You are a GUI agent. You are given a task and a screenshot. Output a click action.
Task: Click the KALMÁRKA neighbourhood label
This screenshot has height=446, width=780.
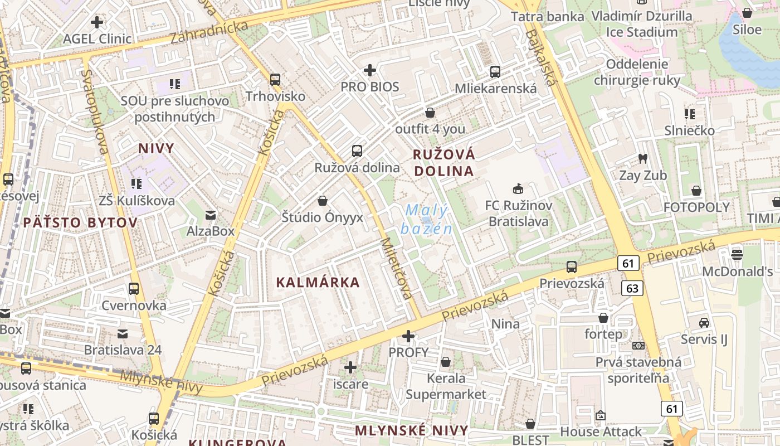pos(318,282)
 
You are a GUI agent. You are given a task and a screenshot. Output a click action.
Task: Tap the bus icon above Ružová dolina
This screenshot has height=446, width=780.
pos(357,151)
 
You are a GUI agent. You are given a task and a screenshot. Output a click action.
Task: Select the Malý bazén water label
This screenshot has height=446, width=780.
pos(426,219)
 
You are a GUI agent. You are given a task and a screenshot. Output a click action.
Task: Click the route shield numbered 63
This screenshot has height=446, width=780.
pos(632,288)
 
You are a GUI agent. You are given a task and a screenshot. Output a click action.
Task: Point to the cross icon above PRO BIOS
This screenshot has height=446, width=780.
pos(370,70)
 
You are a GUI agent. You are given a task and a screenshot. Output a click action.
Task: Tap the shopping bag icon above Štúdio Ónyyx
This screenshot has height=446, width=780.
pos(322,200)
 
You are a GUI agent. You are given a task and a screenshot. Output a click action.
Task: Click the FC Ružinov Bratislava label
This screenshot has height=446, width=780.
pos(519,214)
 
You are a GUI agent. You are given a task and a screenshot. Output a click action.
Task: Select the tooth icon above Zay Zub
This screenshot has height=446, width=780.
pos(642,158)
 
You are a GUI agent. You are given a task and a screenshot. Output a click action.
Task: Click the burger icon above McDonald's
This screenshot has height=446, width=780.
pos(737,255)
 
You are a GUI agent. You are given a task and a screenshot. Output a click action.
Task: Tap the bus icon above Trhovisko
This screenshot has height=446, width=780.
pos(275,79)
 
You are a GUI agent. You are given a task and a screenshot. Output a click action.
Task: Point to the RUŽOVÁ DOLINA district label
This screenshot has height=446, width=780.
pos(444,162)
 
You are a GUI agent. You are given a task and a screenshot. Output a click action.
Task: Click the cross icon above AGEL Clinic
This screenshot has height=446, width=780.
pos(97,22)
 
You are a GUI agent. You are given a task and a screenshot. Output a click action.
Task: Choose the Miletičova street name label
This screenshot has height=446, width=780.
pos(397,269)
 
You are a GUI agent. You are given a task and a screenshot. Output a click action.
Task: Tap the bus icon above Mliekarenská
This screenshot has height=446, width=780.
pos(495,71)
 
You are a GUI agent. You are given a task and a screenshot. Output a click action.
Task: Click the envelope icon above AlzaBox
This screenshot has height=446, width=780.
pos(211,215)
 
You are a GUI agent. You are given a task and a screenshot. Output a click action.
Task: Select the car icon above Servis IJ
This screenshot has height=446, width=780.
pos(704,322)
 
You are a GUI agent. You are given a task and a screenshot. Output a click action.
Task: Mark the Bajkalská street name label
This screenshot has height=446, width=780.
pos(540,57)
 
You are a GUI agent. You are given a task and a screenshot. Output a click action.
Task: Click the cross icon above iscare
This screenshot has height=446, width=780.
pos(350,367)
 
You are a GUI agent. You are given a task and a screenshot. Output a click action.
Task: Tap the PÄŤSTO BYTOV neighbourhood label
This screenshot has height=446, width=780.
pos(80,223)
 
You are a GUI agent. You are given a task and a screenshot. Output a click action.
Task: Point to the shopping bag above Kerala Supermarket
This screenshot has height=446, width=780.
pos(446,362)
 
